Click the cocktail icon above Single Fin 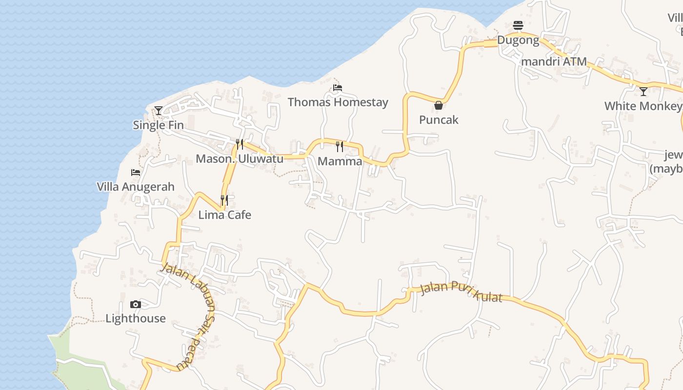click(x=158, y=111)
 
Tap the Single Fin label click(x=159, y=125)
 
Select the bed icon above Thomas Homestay click(x=337, y=88)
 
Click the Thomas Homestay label click(x=338, y=102)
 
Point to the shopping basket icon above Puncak click(x=439, y=105)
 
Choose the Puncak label click(x=439, y=120)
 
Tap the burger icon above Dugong click(x=518, y=25)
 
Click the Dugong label click(x=518, y=40)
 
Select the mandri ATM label click(x=554, y=62)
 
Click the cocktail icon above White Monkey click(x=643, y=91)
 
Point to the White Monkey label click(x=643, y=106)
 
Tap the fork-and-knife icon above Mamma click(x=340, y=146)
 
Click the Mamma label click(x=340, y=161)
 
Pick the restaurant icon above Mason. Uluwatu click(x=240, y=144)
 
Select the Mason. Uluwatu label click(x=240, y=159)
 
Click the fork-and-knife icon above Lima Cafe click(x=224, y=200)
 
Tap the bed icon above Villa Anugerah click(x=136, y=173)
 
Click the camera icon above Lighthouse click(x=136, y=305)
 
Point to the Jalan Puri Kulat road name click(x=461, y=292)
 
